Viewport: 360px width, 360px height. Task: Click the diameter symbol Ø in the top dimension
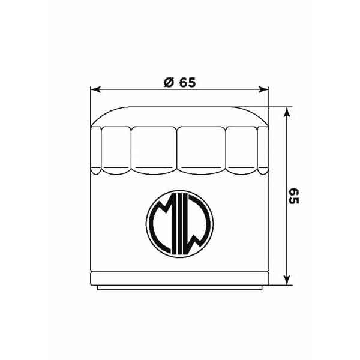[169, 83]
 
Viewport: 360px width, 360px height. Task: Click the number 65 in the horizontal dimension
[187, 83]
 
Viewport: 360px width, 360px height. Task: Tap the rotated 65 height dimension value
[294, 196]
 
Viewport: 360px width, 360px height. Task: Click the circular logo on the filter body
[179, 222]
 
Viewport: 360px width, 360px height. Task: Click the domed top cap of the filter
[179, 116]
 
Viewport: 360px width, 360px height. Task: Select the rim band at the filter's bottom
[179, 278]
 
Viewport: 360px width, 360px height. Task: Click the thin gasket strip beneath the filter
[179, 288]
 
